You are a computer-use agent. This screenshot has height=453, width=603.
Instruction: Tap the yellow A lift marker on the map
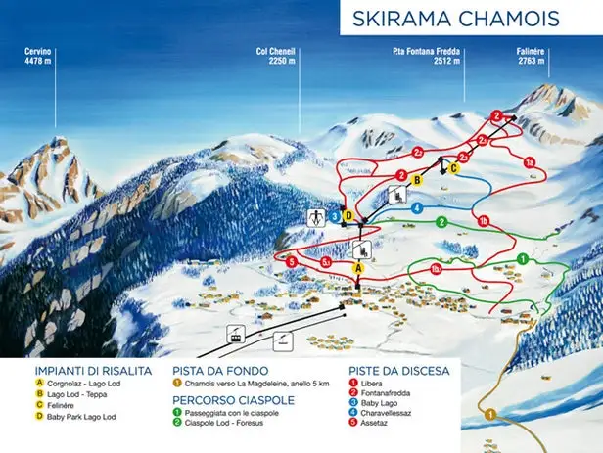click(358, 266)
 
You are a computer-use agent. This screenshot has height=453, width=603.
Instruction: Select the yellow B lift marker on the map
click(416, 180)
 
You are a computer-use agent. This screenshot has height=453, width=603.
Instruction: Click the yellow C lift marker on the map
click(454, 167)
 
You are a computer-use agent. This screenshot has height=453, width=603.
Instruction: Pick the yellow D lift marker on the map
click(347, 216)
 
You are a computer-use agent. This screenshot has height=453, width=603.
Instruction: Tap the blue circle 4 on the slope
click(417, 207)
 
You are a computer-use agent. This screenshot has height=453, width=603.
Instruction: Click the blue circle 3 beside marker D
click(335, 216)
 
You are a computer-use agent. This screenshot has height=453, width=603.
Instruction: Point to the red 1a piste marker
click(529, 161)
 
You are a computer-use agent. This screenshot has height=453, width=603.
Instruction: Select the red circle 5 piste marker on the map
click(292, 261)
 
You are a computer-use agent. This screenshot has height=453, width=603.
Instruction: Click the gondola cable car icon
click(235, 333)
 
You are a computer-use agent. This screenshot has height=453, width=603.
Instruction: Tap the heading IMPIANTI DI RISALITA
click(92, 371)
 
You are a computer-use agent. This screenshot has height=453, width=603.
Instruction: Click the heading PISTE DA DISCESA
click(399, 371)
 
